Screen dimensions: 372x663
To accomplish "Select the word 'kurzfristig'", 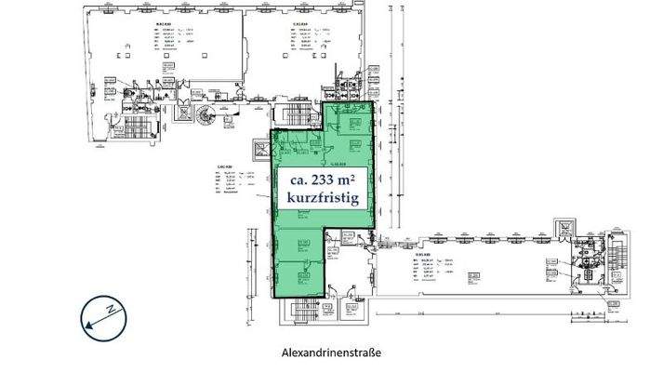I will [x=322, y=200].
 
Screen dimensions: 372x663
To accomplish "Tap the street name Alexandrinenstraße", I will [x=331, y=353].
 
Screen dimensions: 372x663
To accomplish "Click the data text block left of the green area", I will [x=234, y=181].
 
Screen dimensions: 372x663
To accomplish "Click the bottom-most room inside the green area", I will [x=299, y=275].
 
